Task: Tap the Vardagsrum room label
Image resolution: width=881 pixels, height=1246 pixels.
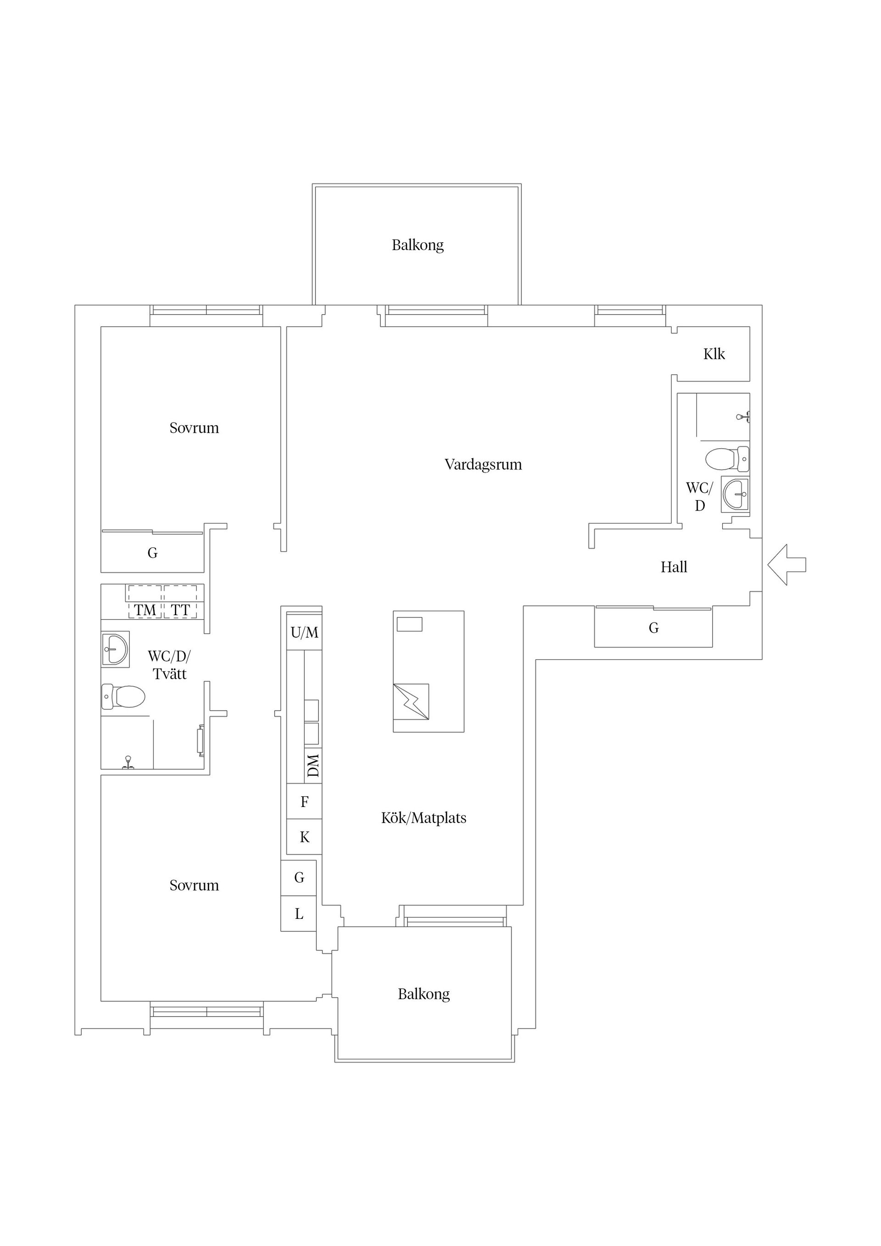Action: (483, 465)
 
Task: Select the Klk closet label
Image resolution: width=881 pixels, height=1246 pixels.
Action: (714, 354)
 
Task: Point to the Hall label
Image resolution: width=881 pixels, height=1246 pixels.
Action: (674, 567)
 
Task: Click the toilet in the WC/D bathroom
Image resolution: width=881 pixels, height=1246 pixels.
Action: (727, 459)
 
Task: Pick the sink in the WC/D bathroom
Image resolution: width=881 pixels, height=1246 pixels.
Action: (736, 495)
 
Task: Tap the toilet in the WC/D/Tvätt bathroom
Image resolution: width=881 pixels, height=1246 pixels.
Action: (123, 697)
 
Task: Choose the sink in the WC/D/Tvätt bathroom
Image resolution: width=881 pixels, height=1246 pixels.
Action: (115, 649)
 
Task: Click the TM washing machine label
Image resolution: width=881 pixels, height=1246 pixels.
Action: (145, 611)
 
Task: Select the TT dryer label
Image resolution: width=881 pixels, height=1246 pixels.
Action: (180, 611)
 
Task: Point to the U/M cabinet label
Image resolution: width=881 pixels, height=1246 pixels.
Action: (305, 632)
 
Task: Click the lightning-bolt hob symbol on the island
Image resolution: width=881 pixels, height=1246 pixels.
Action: (411, 702)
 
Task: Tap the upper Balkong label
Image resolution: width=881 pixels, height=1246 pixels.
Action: (418, 245)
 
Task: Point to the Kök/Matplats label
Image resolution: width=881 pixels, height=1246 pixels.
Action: (424, 818)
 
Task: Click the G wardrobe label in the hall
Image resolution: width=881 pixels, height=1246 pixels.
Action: (653, 628)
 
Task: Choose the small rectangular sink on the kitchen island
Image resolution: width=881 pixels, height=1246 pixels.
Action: (409, 624)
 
